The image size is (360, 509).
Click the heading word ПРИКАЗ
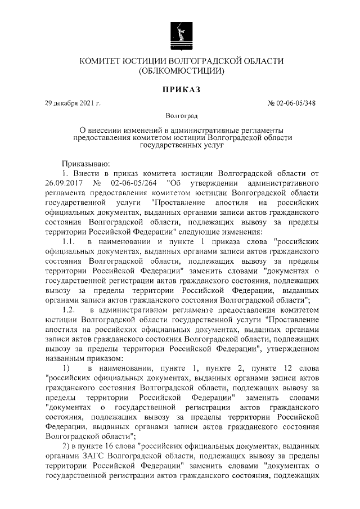pos(179,89)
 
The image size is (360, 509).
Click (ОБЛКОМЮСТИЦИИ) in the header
pos(181,71)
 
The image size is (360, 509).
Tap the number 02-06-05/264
pos(134,182)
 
